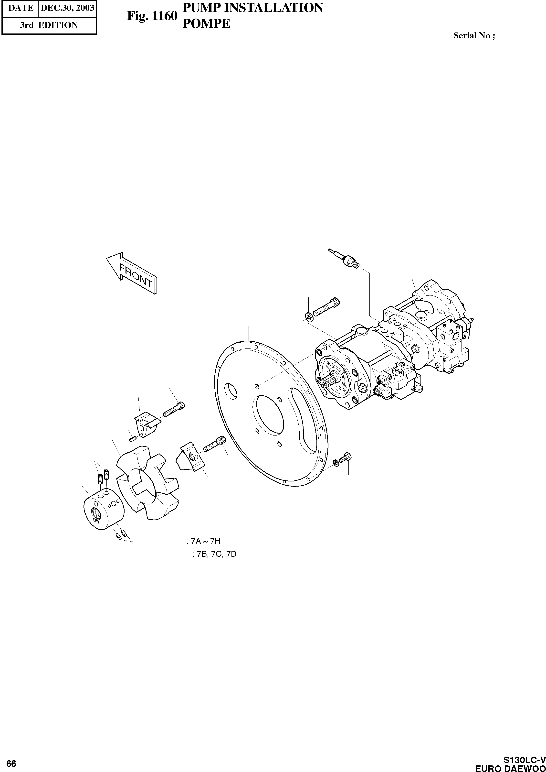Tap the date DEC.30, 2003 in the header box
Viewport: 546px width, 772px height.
67,8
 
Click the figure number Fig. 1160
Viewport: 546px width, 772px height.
152,16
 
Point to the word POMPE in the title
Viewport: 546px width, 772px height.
206,23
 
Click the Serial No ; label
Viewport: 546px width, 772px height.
474,36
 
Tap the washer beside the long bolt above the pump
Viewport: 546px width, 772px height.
309,316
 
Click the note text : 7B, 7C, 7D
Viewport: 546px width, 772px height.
214,554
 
